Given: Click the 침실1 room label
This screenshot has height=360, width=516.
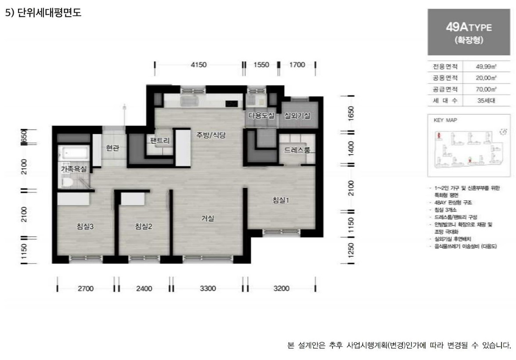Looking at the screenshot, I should tap(281, 200).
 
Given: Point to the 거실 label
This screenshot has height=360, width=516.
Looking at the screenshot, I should tap(208, 218).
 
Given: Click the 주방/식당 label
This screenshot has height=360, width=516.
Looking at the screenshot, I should tap(210, 135).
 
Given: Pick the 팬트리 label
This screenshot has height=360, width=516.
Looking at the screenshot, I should tap(159, 141).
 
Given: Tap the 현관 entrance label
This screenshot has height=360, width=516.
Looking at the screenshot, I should tap(113, 148).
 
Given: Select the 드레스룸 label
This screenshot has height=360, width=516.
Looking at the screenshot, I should tap(297, 150).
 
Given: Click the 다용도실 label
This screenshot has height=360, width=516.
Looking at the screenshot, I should tap(261, 116).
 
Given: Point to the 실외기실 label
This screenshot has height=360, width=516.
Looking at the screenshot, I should tap(298, 116).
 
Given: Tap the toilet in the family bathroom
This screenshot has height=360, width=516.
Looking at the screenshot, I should tap(68, 181).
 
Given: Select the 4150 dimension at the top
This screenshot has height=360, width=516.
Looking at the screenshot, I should tap(198, 65).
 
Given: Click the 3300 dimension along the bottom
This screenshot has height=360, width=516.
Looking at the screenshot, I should tap(208, 289).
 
